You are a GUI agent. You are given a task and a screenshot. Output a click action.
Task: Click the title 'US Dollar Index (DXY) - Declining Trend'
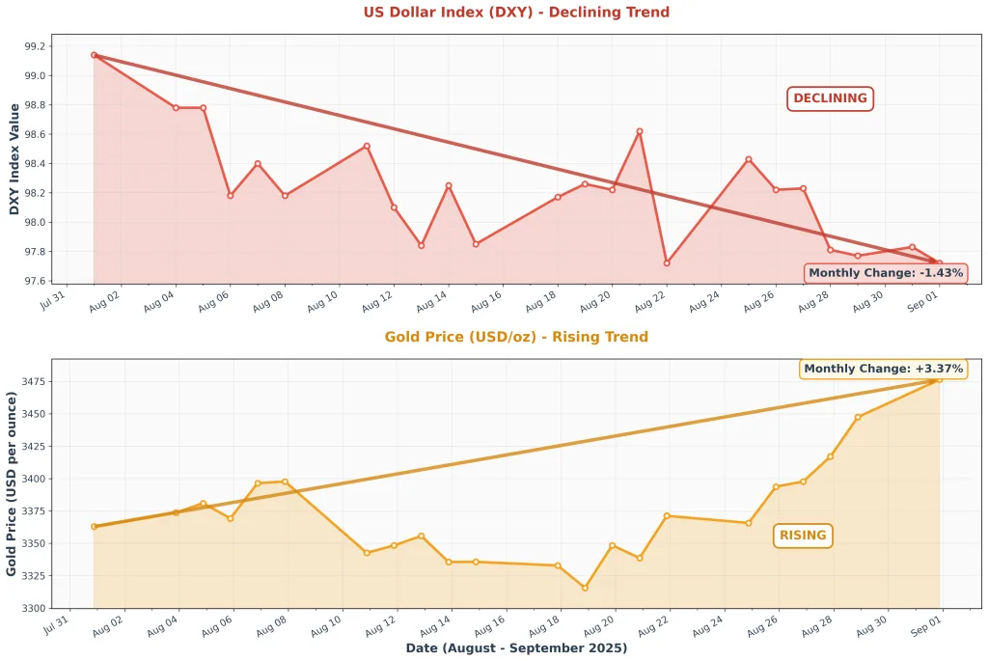pyautogui.click(x=516, y=13)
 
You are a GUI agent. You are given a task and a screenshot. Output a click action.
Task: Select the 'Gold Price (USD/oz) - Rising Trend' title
pyautogui.click(x=516, y=337)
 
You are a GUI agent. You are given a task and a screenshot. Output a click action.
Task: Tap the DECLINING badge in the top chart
pyautogui.click(x=830, y=98)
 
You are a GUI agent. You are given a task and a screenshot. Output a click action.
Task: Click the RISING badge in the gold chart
pyautogui.click(x=803, y=536)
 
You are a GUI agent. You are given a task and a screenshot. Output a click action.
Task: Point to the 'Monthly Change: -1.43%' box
pyautogui.click(x=886, y=273)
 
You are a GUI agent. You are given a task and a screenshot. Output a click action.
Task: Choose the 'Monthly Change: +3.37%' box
pyautogui.click(x=883, y=369)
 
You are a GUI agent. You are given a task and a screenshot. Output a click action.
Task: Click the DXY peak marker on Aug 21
pyautogui.click(x=639, y=131)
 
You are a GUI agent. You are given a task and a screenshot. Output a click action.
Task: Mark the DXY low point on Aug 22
pyautogui.click(x=667, y=263)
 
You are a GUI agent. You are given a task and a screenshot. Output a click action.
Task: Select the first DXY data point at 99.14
pyautogui.click(x=94, y=55)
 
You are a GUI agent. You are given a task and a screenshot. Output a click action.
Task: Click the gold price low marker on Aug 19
pyautogui.click(x=585, y=588)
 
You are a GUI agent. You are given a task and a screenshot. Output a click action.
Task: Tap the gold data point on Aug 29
pyautogui.click(x=858, y=417)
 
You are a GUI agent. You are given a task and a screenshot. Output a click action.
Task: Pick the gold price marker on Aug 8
pyautogui.click(x=285, y=482)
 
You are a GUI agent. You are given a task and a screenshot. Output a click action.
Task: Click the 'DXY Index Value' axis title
pyautogui.click(x=14, y=159)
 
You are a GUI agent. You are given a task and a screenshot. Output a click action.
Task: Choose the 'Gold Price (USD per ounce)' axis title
pyautogui.click(x=12, y=484)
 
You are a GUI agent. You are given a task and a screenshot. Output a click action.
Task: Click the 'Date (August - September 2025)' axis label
pyautogui.click(x=516, y=647)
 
